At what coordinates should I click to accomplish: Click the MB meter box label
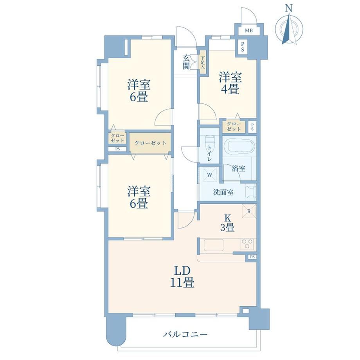click(x=248, y=30)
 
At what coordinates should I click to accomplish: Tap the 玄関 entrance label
click(x=186, y=62)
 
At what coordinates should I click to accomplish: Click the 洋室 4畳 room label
click(x=230, y=83)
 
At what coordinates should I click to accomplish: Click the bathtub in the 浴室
click(x=239, y=146)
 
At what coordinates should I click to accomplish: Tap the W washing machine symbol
click(x=209, y=175)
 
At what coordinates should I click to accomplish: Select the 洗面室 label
click(x=223, y=192)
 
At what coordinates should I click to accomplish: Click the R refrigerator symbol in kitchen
click(x=249, y=211)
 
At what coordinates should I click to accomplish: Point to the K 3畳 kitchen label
click(x=227, y=223)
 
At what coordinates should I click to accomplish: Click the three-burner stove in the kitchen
click(x=247, y=244)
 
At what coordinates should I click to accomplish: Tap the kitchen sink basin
click(x=214, y=245)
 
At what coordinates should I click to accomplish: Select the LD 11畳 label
click(x=182, y=277)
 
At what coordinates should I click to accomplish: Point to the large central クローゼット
click(x=150, y=143)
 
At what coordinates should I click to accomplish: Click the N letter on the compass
click(x=289, y=9)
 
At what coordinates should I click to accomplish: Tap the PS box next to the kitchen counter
click(x=252, y=257)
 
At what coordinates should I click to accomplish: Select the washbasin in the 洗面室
click(x=251, y=191)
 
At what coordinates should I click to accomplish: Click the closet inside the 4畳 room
click(x=234, y=126)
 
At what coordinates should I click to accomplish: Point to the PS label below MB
click(x=243, y=47)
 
